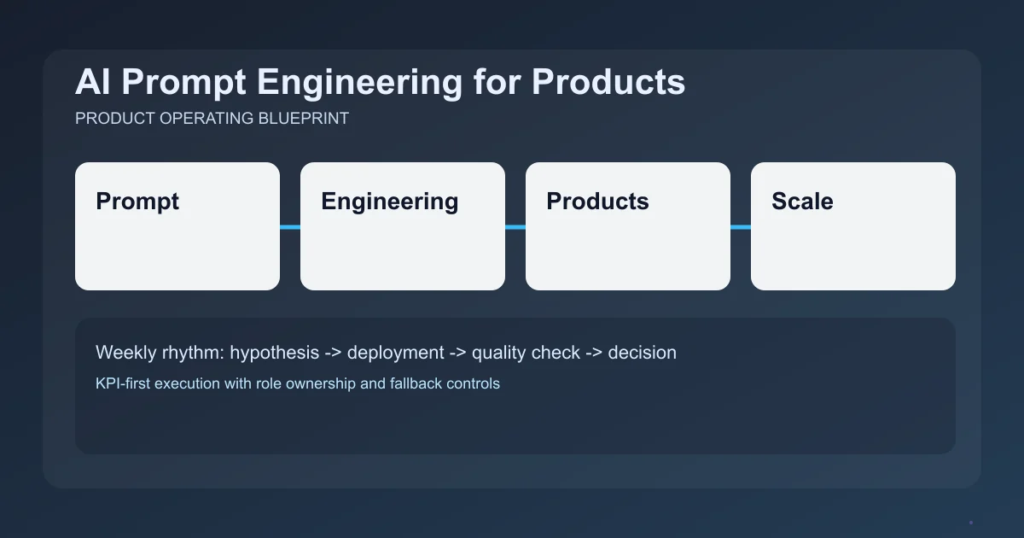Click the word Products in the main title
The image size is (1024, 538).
coord(608,83)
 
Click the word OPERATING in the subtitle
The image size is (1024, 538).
coord(208,119)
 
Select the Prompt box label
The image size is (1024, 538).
coord(137,202)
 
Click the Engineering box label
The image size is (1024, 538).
coord(389,202)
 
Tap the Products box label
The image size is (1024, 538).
coord(597,202)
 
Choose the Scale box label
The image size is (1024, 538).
coord(802,202)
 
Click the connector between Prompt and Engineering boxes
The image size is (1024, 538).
coord(290,227)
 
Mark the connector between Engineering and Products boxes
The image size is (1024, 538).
coord(515,227)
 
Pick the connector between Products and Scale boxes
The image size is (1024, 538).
coord(741,227)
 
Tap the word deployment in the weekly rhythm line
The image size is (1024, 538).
coord(395,353)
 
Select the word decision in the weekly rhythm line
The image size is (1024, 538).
coord(642,353)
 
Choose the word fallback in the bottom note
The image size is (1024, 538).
coord(416,383)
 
